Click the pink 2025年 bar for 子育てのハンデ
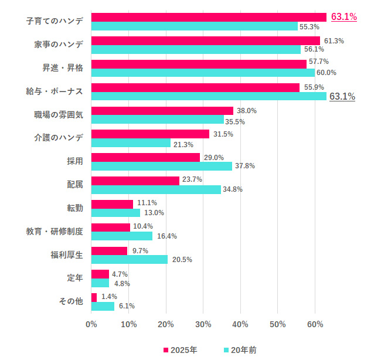[209, 17]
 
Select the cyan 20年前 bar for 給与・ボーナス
[209, 96]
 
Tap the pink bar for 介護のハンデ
[150, 134]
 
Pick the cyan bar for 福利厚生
[130, 259]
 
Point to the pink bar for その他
[94, 297]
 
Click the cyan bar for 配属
[156, 189]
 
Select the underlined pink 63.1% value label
[344, 17]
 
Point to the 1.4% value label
[110, 297]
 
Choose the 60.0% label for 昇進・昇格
[326, 73]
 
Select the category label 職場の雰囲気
[59, 114]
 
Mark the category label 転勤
[75, 208]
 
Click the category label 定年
[75, 278]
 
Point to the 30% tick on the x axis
[203, 324]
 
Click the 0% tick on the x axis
[91, 324]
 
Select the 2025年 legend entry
[180, 350]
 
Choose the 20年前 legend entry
[240, 350]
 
